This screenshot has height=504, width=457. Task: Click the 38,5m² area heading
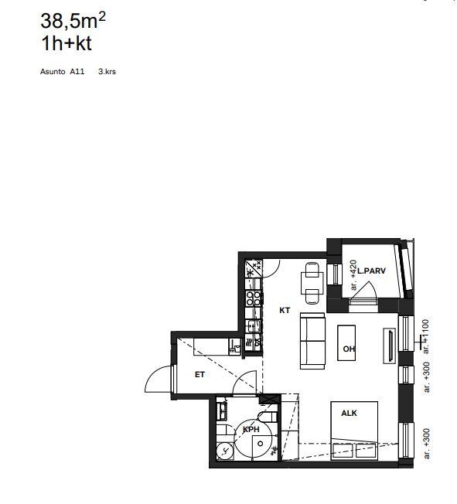coord(73,21)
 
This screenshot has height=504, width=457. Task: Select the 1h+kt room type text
coord(67,43)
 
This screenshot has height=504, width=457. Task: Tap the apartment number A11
coord(77,71)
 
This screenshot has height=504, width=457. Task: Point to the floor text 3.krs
coord(107,71)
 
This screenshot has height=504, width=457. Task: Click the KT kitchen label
coord(285,310)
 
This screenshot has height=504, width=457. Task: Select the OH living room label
coord(349,349)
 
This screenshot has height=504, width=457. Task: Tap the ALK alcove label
coord(349,413)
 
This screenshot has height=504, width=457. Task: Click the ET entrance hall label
coord(200,374)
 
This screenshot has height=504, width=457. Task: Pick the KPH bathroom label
coord(251,430)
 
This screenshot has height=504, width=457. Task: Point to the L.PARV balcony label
coord(371,271)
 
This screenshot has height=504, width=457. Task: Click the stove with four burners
coord(254,298)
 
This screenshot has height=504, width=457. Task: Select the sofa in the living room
coord(312,341)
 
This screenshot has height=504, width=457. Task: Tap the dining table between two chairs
coord(312,283)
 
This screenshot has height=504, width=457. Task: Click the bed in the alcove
coord(354,431)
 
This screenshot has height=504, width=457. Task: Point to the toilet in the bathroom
coord(268,417)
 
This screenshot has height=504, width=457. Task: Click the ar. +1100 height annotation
coord(425,336)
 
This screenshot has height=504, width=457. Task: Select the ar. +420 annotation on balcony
coord(353,275)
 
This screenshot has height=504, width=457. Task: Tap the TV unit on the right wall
coord(390,346)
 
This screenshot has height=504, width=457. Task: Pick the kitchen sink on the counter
coord(253,326)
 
